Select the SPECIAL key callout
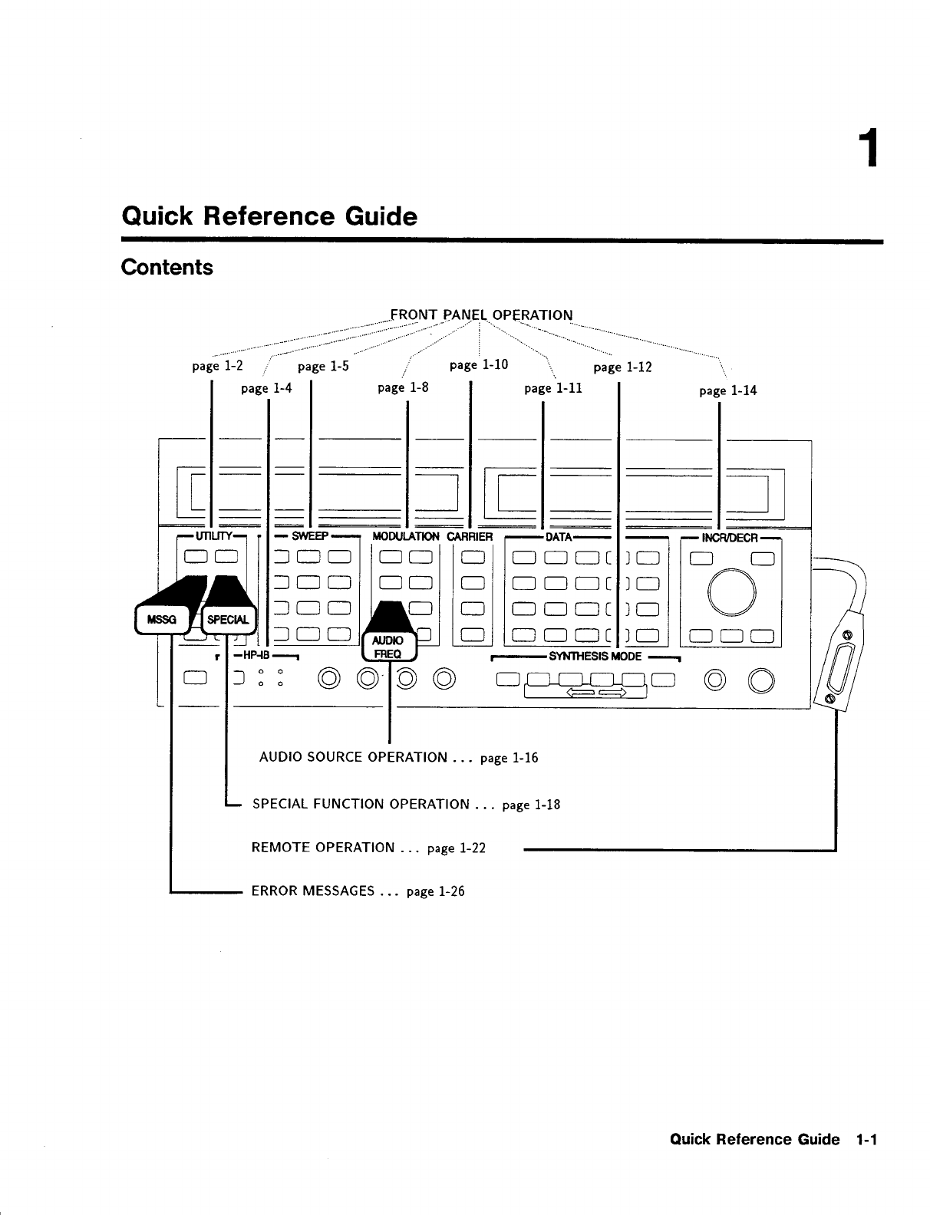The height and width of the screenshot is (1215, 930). point(228,620)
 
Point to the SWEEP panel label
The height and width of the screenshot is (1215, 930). point(310,536)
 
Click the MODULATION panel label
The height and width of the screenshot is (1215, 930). point(405,536)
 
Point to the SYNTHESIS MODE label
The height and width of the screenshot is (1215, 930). point(595,657)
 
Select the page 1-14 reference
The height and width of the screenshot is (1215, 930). point(727,390)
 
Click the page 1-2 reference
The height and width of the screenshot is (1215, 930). point(218,366)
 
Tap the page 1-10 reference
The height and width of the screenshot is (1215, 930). point(479,364)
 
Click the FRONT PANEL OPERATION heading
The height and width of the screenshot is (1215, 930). point(481,315)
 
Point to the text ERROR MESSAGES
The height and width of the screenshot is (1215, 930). point(313,891)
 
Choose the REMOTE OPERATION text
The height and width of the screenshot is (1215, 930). point(323,848)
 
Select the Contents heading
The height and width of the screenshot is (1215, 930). point(167,268)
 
